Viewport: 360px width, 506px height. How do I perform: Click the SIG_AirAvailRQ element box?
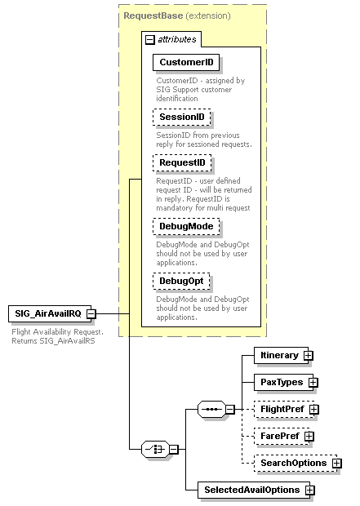[47, 313]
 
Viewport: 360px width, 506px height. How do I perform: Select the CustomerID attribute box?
[186, 62]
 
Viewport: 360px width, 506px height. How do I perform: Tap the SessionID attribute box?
[181, 118]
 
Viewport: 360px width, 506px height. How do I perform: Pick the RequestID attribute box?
[182, 163]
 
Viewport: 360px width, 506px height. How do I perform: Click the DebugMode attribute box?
[184, 226]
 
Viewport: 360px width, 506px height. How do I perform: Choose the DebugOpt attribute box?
[181, 282]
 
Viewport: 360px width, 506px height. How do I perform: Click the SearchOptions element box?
[291, 463]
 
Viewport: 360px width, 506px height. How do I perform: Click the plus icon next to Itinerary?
[309, 355]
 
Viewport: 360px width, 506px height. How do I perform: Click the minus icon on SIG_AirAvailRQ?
[91, 313]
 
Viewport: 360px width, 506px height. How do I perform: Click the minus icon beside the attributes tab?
[149, 39]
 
